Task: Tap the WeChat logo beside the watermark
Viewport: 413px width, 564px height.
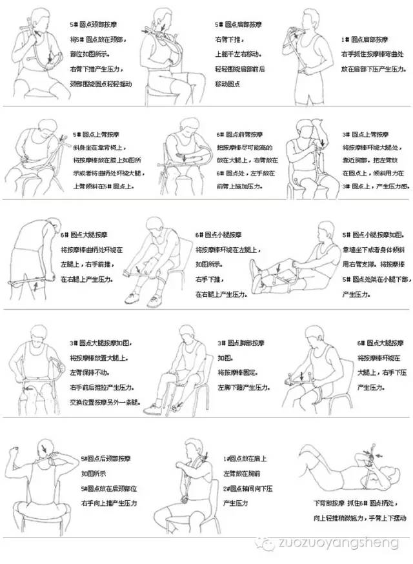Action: coord(265,543)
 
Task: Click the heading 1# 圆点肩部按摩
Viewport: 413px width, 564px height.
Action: coord(365,39)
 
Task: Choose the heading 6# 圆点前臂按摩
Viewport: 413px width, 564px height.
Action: coord(240,136)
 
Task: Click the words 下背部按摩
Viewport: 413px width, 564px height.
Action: coord(328,502)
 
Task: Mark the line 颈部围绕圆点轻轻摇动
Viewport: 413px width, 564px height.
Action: coord(101,84)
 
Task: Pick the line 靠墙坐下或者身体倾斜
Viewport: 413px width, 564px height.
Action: coord(373,249)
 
